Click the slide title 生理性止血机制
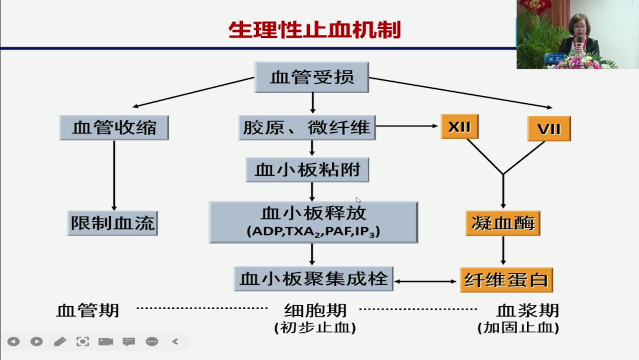tap(314, 29)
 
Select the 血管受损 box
tap(312, 78)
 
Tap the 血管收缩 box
tap(114, 127)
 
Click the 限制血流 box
tap(112, 223)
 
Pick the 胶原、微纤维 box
tap(306, 127)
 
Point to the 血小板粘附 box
tap(307, 170)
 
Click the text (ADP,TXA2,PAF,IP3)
tap(313, 233)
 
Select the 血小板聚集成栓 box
tap(314, 279)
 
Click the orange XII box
tap(459, 127)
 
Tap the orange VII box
tap(548, 128)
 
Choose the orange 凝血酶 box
tap(503, 223)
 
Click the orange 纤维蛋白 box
tap(506, 279)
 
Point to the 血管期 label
tap(88, 310)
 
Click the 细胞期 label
tap(315, 310)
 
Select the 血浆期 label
tap(527, 310)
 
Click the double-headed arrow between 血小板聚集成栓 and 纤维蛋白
tap(427, 282)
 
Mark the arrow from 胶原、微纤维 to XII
tap(408, 126)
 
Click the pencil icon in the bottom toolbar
tap(60, 342)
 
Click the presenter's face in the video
tap(578, 25)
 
